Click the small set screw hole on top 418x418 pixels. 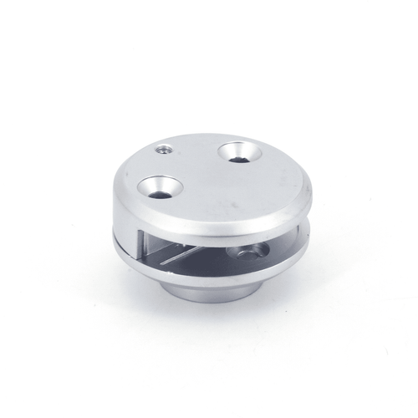(x=164, y=151)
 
